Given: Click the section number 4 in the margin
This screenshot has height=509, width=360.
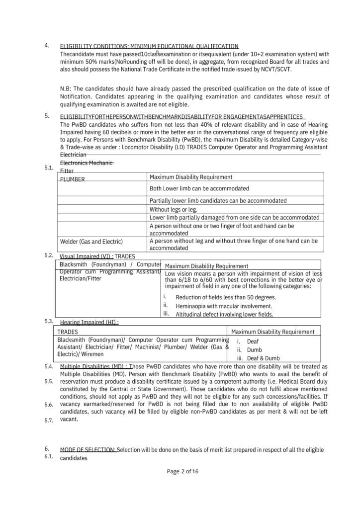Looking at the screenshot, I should coord(47,45).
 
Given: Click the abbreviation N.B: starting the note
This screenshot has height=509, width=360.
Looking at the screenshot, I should coord(66,88).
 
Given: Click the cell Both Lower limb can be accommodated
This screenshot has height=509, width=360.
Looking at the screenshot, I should coord(199,188).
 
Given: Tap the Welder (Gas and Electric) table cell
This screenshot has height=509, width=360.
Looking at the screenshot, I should coord(91,242).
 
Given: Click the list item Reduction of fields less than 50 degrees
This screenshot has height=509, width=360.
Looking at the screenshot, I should coord(226,297).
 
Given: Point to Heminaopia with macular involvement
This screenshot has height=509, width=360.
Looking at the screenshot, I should coord(224,306).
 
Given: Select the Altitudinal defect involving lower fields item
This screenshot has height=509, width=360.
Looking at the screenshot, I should coord(224,314).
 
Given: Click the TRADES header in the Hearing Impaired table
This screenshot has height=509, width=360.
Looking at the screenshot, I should coord(68,332).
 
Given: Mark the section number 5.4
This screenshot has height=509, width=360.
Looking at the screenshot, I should coord(48,366).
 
